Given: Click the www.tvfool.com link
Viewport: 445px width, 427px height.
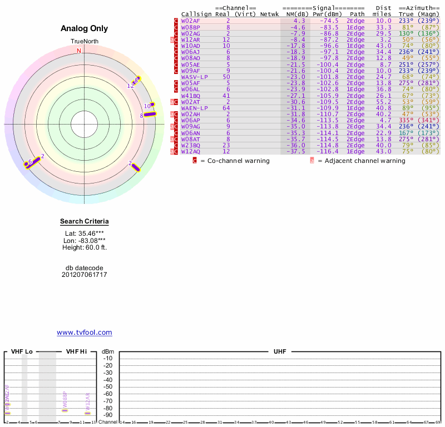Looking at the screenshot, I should coord(85,332).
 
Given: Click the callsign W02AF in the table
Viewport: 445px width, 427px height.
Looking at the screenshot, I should coord(191,21).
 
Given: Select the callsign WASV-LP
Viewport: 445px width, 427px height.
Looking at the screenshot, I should coord(194,77).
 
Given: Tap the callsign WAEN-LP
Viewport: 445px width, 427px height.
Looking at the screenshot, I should coord(194,108).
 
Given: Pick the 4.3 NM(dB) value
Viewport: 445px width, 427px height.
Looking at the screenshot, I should coord(299,21).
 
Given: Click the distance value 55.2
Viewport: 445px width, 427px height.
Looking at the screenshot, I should coord(384,102).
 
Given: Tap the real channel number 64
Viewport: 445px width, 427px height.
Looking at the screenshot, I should coord(226,108).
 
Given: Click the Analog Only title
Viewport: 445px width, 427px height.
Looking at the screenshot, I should coord(85,28).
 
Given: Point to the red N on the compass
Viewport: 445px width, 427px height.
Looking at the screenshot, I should coord(79,51).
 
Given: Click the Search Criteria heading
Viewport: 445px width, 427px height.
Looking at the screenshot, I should coord(85,222).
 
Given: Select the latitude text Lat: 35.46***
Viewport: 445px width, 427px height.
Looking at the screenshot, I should coord(85,234).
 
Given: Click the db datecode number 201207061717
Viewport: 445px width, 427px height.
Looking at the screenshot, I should coord(85,275).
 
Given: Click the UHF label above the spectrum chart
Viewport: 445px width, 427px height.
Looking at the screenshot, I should coord(280,352).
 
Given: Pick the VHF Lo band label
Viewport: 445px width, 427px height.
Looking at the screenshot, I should coord(21,352).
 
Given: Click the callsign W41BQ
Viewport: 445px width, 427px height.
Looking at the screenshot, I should coord(191,95).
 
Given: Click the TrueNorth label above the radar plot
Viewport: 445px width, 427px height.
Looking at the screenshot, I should coord(85,42).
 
